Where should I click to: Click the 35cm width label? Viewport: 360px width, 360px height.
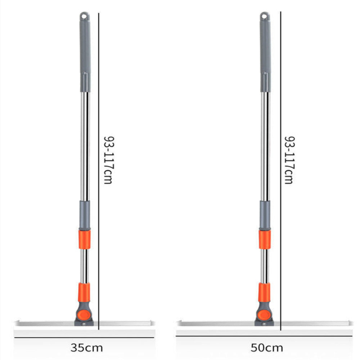click(86, 348)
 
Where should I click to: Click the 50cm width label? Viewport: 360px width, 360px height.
click(267, 348)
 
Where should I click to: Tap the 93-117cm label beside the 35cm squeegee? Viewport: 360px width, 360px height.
click(108, 160)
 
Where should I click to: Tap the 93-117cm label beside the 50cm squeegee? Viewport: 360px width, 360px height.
click(289, 160)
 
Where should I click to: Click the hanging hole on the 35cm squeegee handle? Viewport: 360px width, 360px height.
click(85, 16)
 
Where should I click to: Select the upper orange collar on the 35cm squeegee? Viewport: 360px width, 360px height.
click(85, 239)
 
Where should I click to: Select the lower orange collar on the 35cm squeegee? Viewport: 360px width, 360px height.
click(84, 292)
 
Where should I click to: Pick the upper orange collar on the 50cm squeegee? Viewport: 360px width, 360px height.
click(265, 239)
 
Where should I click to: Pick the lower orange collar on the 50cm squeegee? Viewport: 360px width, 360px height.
click(264, 292)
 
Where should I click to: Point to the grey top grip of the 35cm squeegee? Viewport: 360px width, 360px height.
click(85, 50)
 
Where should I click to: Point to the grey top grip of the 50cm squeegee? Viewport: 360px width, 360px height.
click(265, 50)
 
